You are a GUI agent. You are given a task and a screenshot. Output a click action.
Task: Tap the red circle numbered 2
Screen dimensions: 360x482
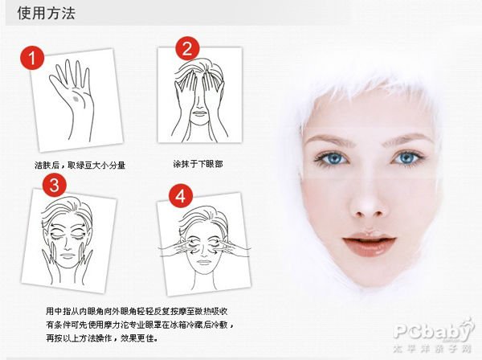pos(186,49)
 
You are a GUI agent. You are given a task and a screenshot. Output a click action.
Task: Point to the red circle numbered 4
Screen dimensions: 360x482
pos(181,196)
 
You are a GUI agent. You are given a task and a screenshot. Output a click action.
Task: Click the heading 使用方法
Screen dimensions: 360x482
pos(41,14)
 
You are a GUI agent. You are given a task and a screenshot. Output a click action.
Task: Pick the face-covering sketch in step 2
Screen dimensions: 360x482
pos(198,96)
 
